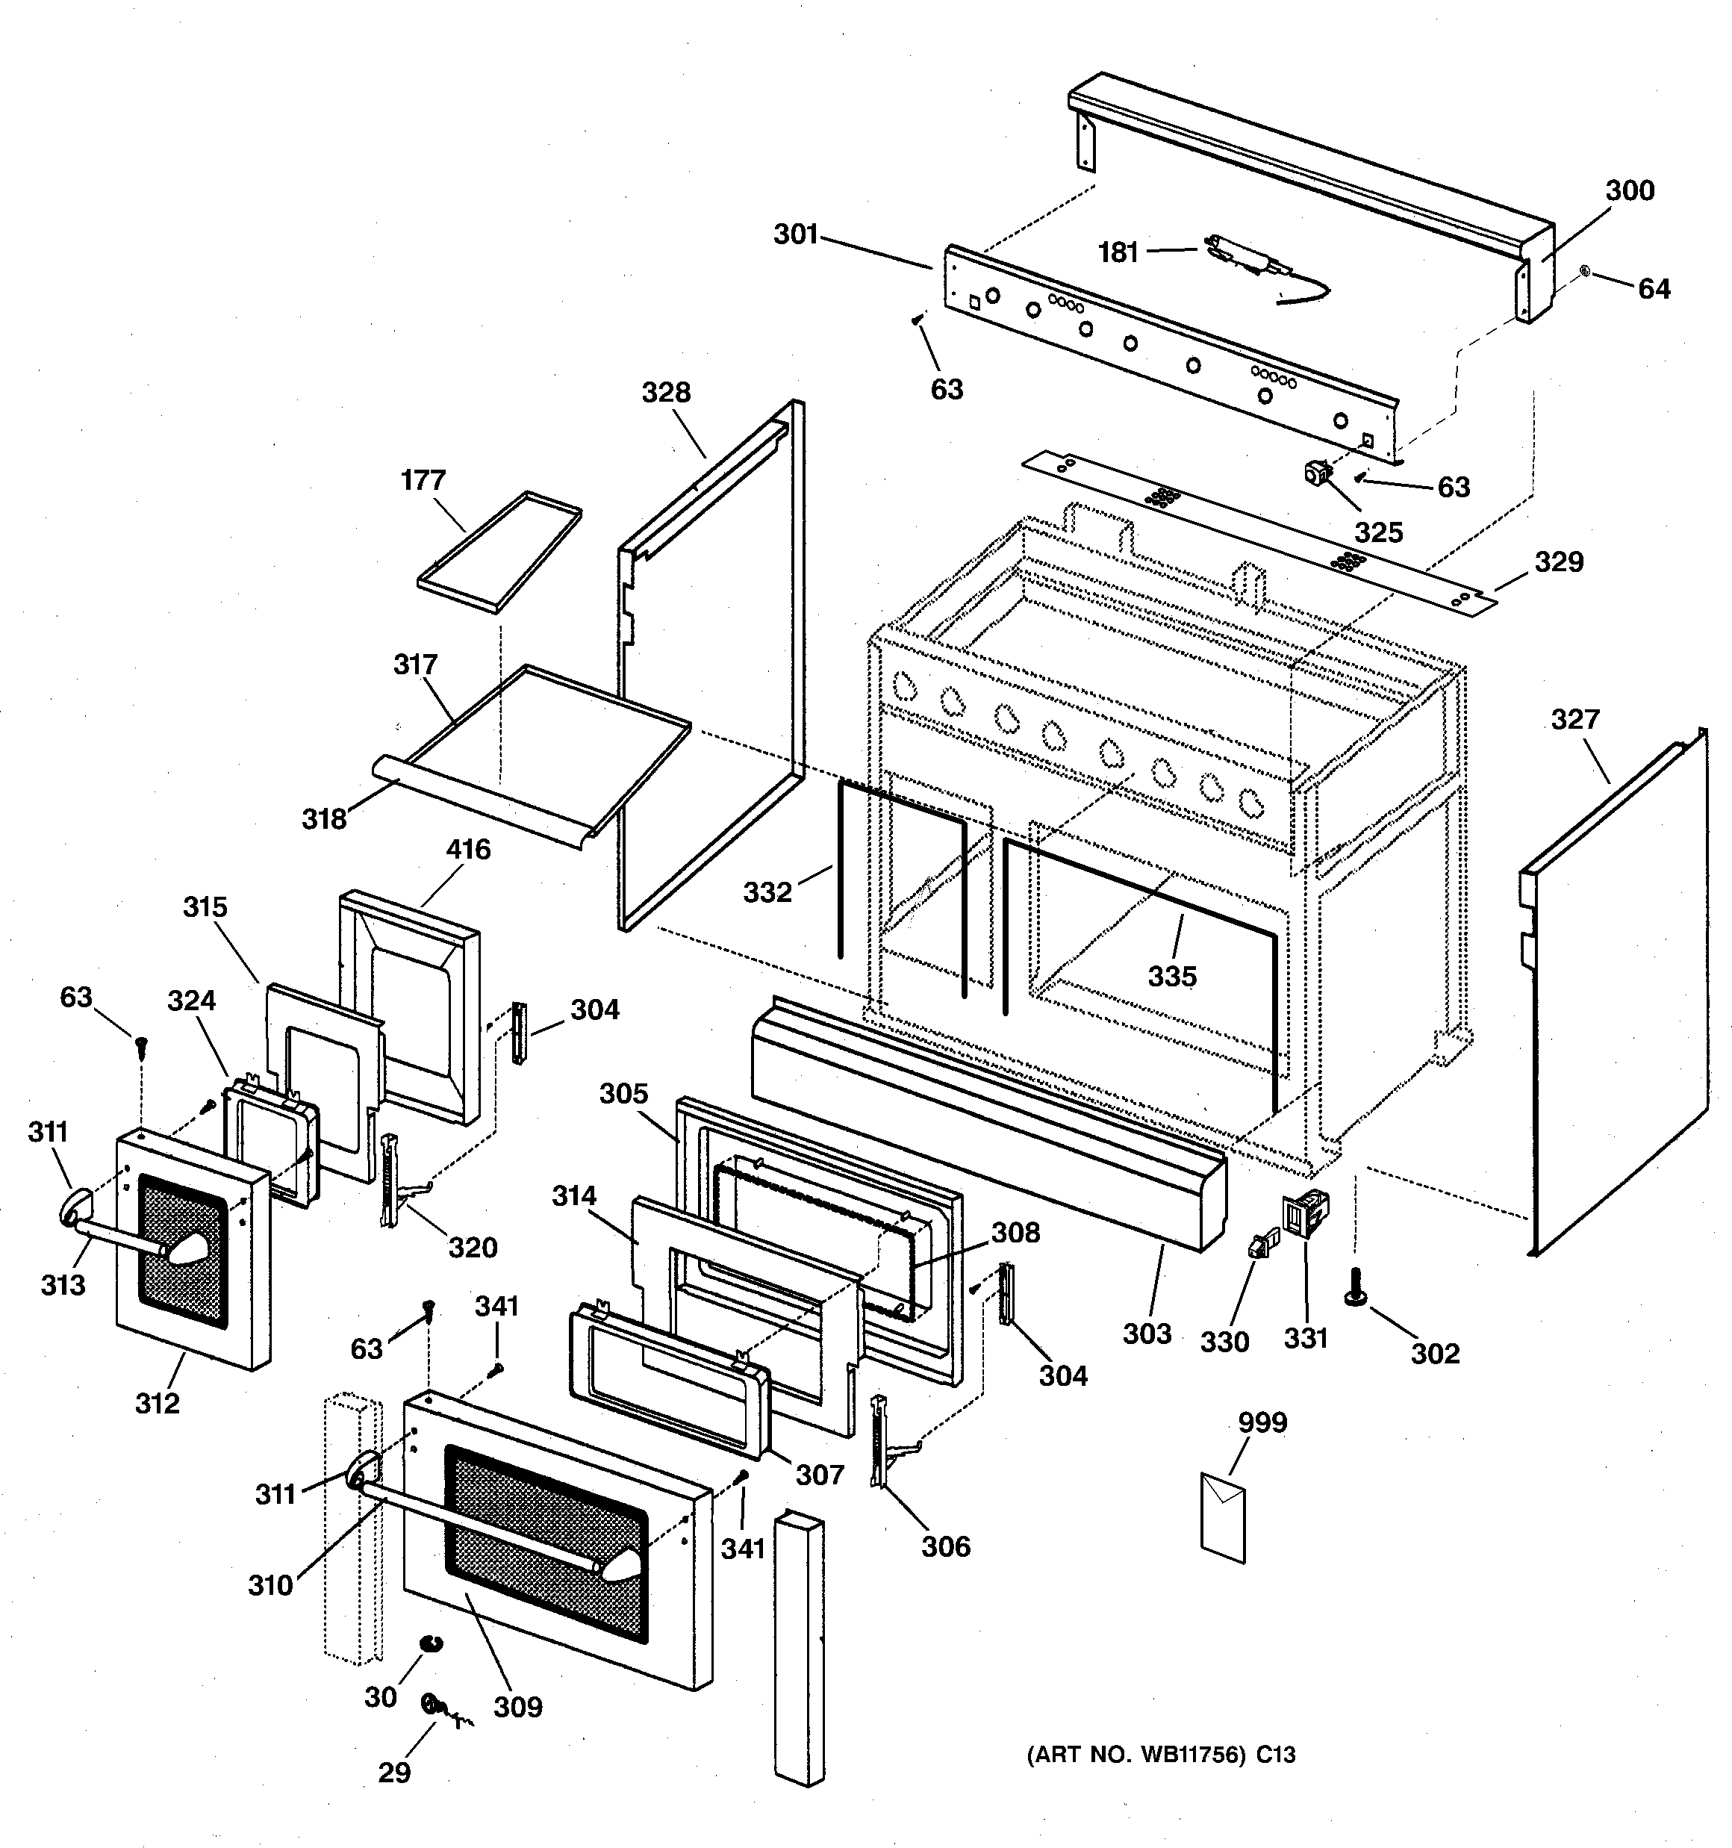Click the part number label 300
point(1630,190)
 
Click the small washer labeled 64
point(1585,273)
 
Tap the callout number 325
point(1378,532)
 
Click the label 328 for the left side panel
point(666,392)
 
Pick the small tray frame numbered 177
point(500,553)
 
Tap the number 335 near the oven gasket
point(1172,976)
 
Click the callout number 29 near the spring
point(394,1772)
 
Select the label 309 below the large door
point(518,1707)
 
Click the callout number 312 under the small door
point(157,1403)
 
